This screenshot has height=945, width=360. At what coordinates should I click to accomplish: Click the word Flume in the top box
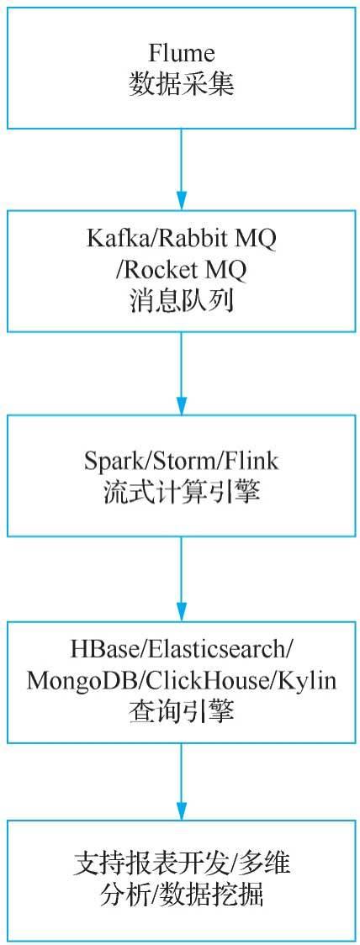[x=181, y=54]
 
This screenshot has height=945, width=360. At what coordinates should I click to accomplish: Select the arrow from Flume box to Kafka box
[x=181, y=168]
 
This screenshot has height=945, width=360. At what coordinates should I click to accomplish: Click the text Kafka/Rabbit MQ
[x=181, y=241]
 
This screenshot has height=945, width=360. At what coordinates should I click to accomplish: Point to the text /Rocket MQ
[x=181, y=271]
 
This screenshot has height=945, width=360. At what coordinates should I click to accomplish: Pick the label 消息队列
[x=181, y=301]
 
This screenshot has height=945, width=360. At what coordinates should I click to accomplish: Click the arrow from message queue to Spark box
[x=181, y=372]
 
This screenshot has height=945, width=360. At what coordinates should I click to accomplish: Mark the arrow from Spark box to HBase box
[x=181, y=577]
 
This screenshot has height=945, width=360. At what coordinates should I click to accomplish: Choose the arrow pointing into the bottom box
[x=181, y=780]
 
